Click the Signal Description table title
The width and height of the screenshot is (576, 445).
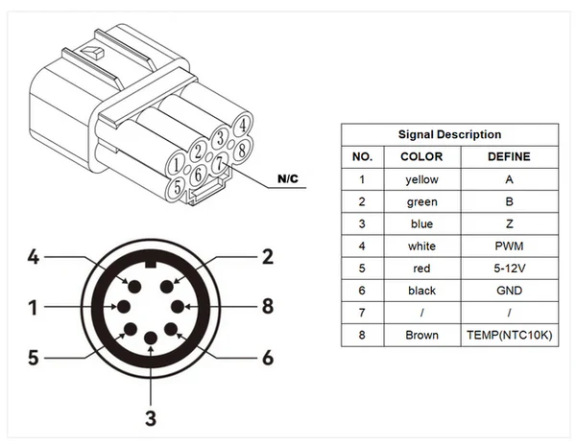pos(449,134)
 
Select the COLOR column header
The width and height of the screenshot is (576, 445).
pos(421,156)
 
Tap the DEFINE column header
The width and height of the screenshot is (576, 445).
pos(509,156)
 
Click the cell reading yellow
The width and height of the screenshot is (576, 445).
pos(421,179)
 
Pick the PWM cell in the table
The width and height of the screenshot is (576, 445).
pos(509,246)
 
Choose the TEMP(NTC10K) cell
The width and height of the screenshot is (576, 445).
pos(509,336)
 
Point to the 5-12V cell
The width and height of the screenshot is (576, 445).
pos(509,269)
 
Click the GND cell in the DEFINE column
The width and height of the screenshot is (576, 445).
pos(509,291)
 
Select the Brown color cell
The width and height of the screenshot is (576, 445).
pos(421,336)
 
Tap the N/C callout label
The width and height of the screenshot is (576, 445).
pos(288,179)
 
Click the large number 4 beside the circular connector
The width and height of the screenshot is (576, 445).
pos(33,257)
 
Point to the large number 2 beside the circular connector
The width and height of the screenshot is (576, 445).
pos(268,257)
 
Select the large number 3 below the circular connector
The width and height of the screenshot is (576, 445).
pos(151,417)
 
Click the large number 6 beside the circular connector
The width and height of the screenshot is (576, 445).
pos(268,358)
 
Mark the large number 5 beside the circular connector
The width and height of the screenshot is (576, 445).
pos(33,358)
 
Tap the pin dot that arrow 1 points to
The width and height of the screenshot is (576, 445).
pos(123,307)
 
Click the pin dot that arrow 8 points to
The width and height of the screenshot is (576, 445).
pos(179,307)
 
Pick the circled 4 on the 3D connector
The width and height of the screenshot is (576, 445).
pos(244,124)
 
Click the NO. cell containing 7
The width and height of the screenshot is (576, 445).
pos(362,314)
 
